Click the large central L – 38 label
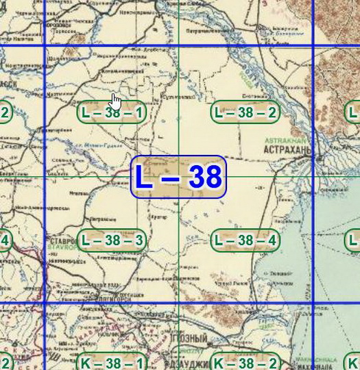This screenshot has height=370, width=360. [x=178, y=177]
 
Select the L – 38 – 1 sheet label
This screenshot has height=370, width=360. [x=112, y=113]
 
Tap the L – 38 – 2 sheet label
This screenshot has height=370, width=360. [x=245, y=113]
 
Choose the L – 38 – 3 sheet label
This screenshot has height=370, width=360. [x=112, y=241]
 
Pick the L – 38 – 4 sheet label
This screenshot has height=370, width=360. [x=245, y=241]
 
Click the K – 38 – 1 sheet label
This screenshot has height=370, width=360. [x=112, y=362]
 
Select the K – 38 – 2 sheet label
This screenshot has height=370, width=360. [x=245, y=362]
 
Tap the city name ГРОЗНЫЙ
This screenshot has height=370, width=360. [x=187, y=358]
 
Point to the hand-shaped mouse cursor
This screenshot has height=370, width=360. [x=115, y=102]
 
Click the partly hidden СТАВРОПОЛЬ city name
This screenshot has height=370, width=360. [x=63, y=241]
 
